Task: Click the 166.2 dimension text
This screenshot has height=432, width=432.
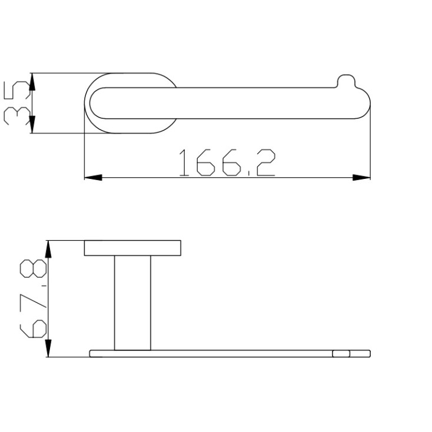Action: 227,162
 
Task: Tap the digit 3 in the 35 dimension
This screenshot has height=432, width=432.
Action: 16,117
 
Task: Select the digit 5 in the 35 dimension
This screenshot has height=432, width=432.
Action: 16,91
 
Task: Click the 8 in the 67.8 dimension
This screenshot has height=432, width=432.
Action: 33,268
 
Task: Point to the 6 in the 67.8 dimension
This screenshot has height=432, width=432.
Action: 33,328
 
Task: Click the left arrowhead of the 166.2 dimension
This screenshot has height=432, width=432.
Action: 93,177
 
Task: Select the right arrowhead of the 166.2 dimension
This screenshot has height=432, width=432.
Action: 361,177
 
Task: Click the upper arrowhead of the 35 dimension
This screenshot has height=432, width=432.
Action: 32,82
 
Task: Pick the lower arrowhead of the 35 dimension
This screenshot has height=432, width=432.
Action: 32,125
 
